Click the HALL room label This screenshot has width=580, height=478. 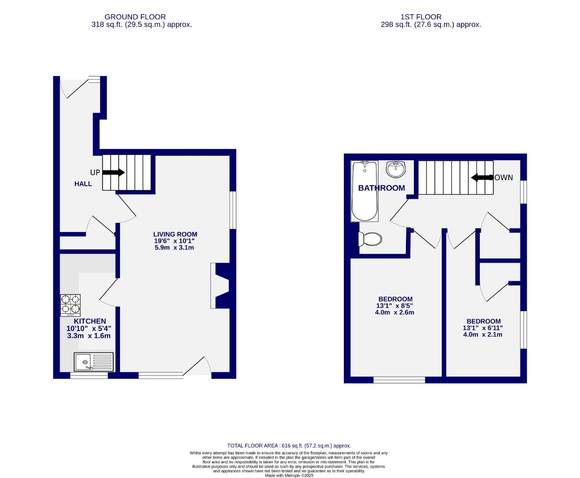83,184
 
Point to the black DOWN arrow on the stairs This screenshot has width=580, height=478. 482,177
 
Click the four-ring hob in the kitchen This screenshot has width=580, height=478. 71,305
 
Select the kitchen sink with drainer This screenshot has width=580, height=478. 94,362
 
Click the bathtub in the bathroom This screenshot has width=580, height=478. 365,191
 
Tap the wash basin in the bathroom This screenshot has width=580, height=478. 395,168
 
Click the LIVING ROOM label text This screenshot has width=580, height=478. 175,234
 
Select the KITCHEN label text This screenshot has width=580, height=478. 90,321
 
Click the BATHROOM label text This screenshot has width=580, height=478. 381,188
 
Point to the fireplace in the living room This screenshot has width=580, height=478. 220,285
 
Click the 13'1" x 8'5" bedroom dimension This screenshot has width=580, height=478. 395,306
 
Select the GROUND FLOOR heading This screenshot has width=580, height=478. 135,17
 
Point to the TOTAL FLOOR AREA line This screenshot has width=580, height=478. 289,446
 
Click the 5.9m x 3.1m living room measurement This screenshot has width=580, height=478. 174,247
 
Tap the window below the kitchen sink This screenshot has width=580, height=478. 89,376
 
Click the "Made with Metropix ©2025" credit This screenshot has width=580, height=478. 289,475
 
